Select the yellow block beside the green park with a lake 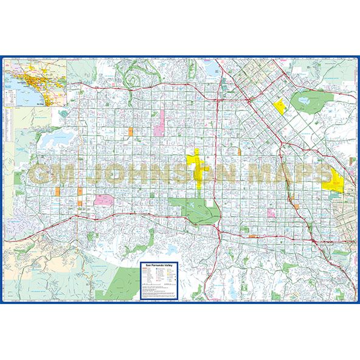[x=280, y=107]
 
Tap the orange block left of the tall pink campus [x=130, y=131]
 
